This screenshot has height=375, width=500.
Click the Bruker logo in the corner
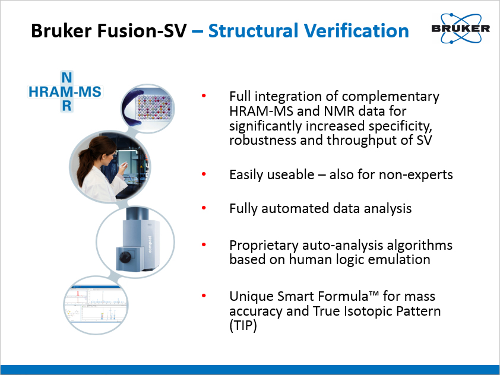tap(460, 28)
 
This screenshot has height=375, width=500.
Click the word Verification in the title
tap(356, 31)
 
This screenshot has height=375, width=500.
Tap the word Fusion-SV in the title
tap(142, 31)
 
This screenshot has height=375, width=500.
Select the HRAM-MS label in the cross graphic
tap(65, 92)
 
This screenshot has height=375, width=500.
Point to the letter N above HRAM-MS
tap(67, 78)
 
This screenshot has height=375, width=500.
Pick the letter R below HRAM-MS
tap(67, 106)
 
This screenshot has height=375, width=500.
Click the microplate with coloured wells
tap(153, 107)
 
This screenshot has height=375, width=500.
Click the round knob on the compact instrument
tap(125, 256)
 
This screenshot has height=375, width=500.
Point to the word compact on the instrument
tap(150, 244)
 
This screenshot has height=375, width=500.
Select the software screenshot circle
tap(96, 305)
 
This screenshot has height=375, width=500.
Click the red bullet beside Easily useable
tap(204, 174)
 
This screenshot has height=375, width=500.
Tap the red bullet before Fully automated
tap(204, 208)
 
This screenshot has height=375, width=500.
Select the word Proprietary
tap(264, 246)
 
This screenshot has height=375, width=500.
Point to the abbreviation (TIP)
tap(243, 326)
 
